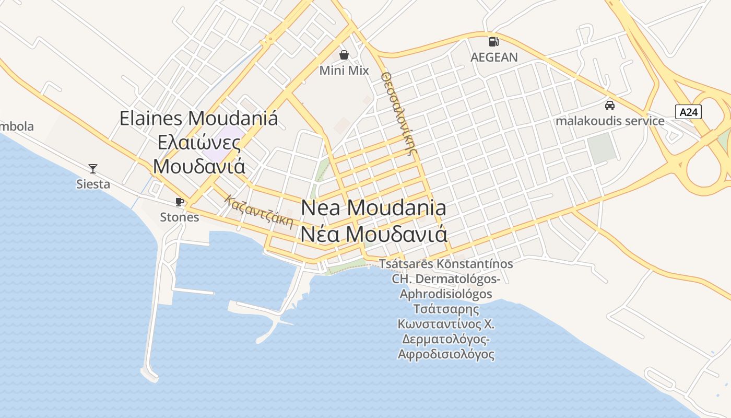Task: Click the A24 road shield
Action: pos(688,111)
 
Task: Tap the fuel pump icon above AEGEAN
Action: pos(493,41)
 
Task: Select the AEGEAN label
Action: pos(494,57)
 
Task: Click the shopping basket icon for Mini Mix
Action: pos(344,54)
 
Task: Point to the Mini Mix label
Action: pos(344,71)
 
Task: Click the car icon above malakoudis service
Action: pos(609,106)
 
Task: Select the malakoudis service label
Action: pos(610,121)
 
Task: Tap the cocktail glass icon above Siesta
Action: pos(93,168)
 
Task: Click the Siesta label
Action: pos(93,184)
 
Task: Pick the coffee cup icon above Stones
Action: pos(180,201)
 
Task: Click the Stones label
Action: pos(180,217)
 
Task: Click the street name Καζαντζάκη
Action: pos(258,212)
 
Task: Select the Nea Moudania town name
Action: pos(374,208)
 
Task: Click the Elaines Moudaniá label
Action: pos(199,118)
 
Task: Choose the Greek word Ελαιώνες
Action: pos(199,142)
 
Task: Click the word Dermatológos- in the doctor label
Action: pos(446,278)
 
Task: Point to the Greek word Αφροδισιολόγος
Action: pos(446,354)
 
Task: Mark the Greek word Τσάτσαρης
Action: pos(446,309)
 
